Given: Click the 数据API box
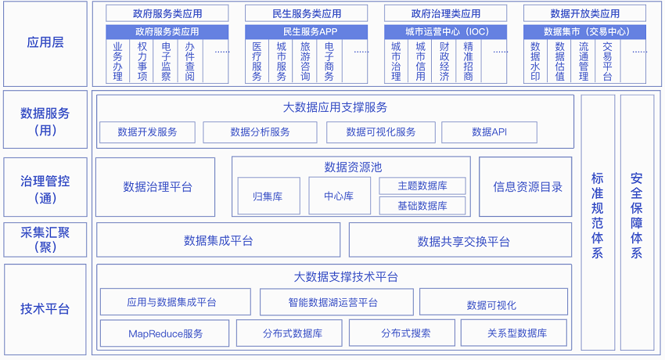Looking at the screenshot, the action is [x=489, y=132].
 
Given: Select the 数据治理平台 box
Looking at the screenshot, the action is [x=155, y=187].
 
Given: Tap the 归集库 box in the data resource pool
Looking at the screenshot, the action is [x=269, y=196].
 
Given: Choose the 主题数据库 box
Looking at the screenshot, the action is [x=422, y=185].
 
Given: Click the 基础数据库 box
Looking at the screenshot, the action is [x=422, y=206].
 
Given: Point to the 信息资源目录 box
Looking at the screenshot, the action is [x=526, y=187].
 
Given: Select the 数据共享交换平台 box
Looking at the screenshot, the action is [x=460, y=240].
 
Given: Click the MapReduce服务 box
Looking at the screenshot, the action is [x=164, y=333].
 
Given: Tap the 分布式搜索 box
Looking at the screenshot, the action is [x=402, y=333].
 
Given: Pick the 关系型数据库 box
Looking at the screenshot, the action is [x=513, y=333].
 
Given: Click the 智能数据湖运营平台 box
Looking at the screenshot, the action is [x=336, y=302].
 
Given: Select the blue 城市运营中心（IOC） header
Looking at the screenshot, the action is [x=445, y=32].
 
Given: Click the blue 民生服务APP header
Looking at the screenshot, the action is [x=306, y=32].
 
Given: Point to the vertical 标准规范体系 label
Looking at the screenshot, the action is [x=597, y=215].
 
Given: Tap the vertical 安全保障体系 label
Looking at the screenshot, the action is [x=636, y=215].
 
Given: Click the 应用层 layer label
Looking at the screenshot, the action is [x=45, y=42].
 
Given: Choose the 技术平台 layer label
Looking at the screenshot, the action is [x=45, y=308].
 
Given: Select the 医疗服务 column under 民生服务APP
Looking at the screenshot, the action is [x=257, y=62].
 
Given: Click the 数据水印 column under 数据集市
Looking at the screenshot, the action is [x=535, y=62].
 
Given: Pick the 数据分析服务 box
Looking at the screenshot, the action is [x=260, y=132].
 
